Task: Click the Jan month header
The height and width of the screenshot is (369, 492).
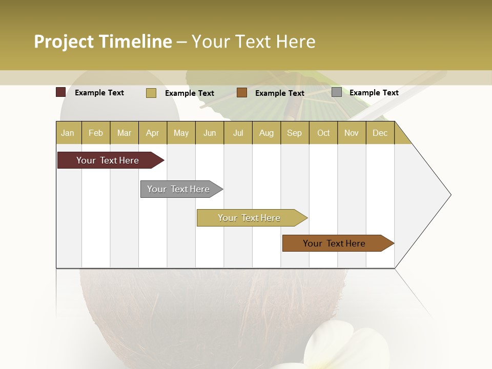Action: [68, 133]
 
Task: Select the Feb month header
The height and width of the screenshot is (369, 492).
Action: [96, 133]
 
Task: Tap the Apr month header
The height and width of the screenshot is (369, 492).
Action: [152, 133]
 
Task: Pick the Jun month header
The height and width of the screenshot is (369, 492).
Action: [210, 133]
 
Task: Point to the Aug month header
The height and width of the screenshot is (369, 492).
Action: [266, 133]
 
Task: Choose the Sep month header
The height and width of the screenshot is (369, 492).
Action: [294, 133]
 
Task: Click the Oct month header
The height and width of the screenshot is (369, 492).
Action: [323, 133]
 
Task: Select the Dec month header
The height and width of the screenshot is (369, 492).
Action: [380, 133]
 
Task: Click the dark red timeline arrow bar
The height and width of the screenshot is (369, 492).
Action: [108, 160]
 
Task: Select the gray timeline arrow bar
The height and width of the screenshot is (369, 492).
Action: [178, 189]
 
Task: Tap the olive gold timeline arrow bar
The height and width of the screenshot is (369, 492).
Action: [249, 218]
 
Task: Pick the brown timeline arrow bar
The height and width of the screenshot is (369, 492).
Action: [334, 243]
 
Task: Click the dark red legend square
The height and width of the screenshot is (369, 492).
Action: [60, 92]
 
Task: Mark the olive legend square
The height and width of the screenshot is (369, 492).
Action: [151, 93]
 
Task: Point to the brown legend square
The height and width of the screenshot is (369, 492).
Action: [242, 93]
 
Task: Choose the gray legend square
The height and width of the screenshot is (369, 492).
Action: [337, 92]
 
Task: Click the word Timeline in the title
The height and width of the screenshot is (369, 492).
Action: [135, 42]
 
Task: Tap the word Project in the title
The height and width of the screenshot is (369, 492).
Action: [64, 42]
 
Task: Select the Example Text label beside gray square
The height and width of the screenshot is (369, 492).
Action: [374, 93]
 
